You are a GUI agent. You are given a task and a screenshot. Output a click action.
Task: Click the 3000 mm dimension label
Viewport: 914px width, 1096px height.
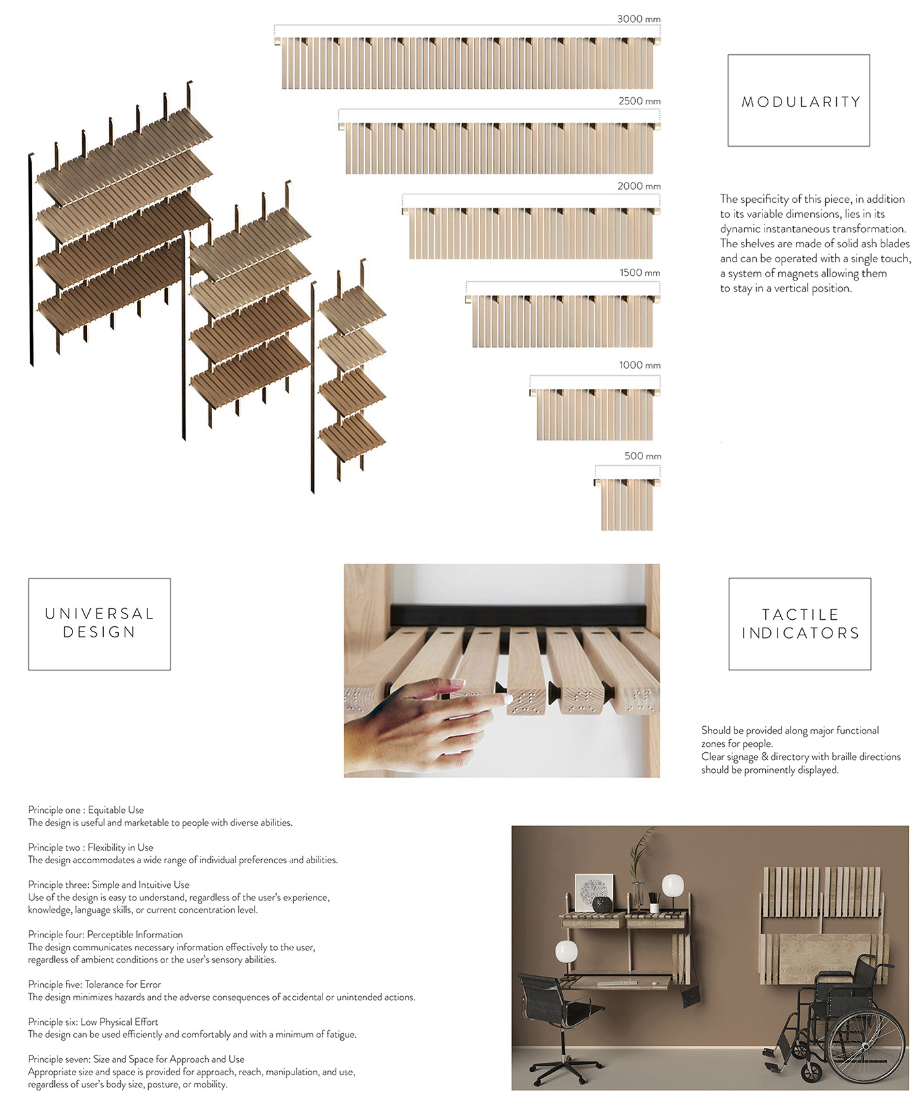(638, 19)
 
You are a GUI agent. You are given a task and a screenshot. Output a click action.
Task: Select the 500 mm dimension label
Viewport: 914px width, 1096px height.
(642, 456)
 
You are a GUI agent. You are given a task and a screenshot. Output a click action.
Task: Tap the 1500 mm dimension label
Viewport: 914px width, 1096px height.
(640, 273)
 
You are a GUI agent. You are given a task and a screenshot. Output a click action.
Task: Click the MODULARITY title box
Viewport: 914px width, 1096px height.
(798, 101)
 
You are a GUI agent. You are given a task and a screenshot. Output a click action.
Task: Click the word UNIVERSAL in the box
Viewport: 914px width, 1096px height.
(99, 614)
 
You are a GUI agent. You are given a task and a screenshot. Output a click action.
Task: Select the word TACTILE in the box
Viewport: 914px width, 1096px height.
(800, 615)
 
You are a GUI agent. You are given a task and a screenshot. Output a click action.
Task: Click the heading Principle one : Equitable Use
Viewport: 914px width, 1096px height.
(86, 810)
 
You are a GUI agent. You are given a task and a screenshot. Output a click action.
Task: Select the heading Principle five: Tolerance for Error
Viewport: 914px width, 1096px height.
(94, 984)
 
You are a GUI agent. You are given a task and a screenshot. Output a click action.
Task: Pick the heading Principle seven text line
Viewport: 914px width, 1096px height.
(136, 1059)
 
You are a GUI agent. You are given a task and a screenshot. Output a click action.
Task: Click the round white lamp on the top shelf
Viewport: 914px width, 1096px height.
(672, 887)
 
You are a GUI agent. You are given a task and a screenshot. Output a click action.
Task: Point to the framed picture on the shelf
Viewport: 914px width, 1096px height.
(593, 891)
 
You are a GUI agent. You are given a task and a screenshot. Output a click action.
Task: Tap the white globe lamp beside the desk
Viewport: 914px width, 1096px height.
(566, 952)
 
